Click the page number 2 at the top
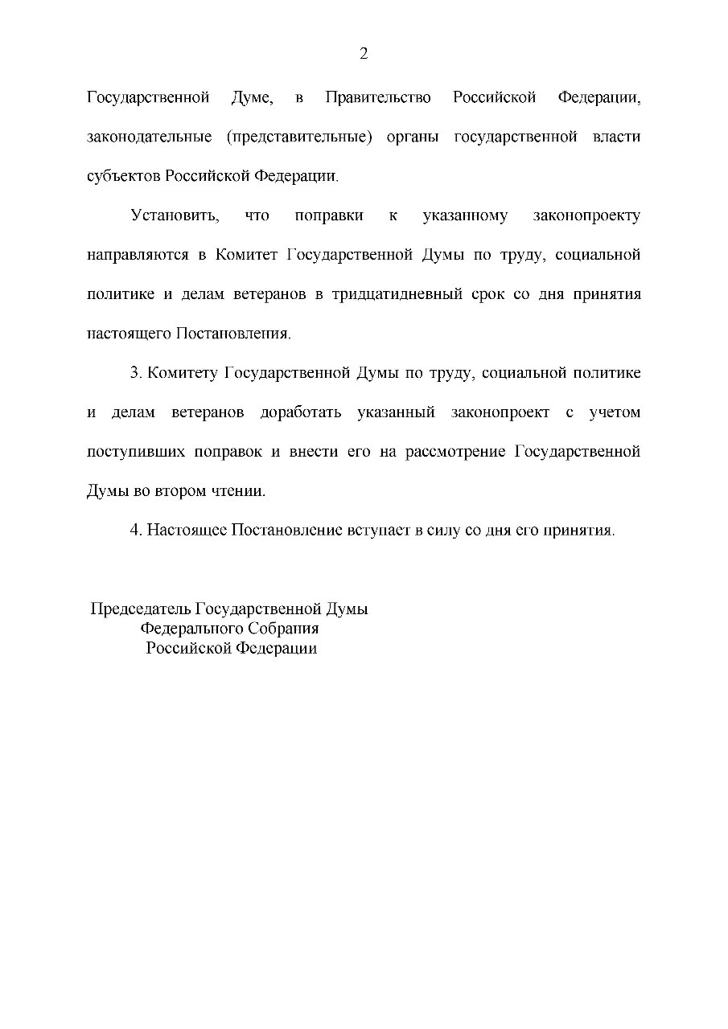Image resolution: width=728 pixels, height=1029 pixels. tap(364, 54)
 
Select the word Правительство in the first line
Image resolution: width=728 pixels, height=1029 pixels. tap(377, 98)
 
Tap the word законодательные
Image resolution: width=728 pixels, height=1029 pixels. tap(149, 137)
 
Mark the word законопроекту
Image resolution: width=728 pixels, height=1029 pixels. tap(586, 216)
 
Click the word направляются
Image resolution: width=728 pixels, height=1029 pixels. tap(137, 256)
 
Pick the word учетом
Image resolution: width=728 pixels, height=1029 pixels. tap(615, 412)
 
